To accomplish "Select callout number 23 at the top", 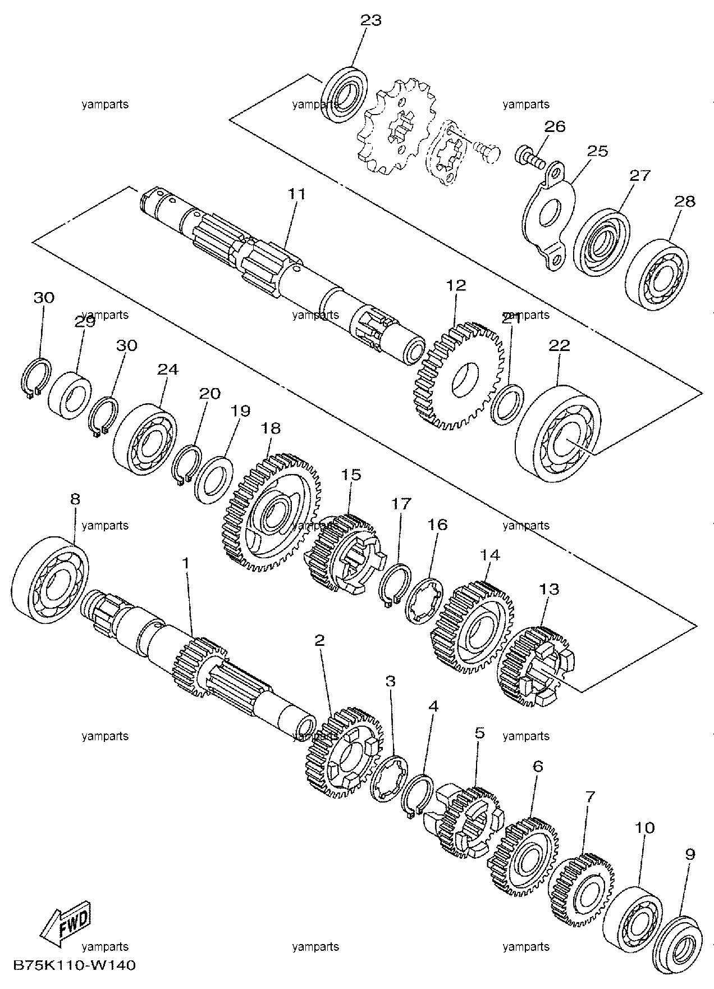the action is coord(370,21).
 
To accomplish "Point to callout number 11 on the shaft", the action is coord(297,194).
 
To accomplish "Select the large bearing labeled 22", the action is coord(558,433).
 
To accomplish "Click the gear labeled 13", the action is coord(536,667).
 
